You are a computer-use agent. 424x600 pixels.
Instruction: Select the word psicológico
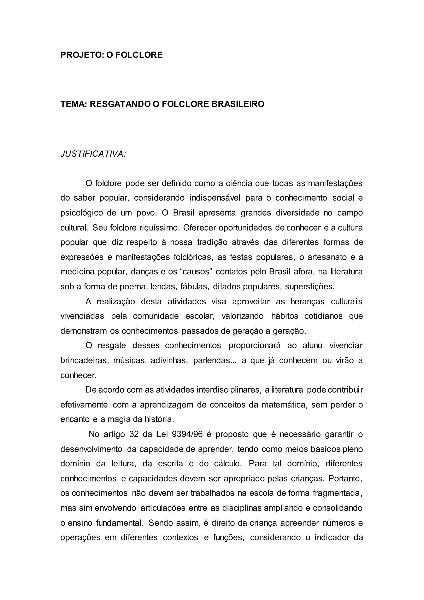click(x=82, y=213)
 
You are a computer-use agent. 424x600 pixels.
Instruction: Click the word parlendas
click(x=214, y=361)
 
